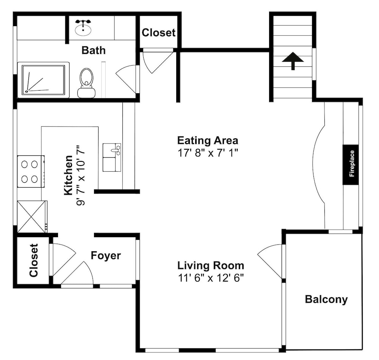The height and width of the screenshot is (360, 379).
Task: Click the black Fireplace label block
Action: click(351, 164)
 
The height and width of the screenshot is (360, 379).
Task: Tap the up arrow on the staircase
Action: click(293, 61)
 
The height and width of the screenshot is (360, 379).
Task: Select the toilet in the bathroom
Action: click(86, 83)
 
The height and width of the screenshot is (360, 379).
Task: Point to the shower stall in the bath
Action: click(43, 80)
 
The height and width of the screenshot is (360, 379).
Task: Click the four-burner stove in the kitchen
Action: click(31, 171)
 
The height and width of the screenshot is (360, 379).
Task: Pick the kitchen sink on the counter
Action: click(112, 157)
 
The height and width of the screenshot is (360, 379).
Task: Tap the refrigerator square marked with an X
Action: click(32, 216)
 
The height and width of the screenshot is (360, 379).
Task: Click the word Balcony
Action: click(326, 299)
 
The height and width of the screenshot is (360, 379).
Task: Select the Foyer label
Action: click(106, 256)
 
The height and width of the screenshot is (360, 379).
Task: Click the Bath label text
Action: click(94, 50)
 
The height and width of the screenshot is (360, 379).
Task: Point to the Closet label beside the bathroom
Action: click(158, 33)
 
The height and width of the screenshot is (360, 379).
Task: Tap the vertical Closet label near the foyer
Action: click(34, 260)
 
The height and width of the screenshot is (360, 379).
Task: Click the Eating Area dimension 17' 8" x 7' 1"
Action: click(208, 153)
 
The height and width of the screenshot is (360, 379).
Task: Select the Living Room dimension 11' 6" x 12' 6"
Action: click(210, 278)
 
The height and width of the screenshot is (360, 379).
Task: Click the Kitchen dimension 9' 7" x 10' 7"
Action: click(81, 175)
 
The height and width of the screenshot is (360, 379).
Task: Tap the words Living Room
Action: click(211, 265)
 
